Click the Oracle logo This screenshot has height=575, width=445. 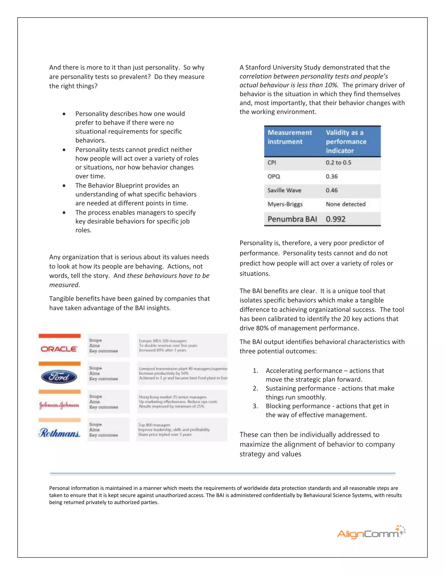pyautogui.click(x=59, y=349)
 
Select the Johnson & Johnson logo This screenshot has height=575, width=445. pyautogui.click(x=59, y=405)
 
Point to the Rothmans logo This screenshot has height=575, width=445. pyautogui.click(x=59, y=433)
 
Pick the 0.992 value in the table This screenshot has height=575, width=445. pyautogui.click(x=335, y=219)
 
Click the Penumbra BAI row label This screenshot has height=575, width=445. pyautogui.click(x=292, y=219)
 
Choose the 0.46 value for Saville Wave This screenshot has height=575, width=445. pyautogui.click(x=332, y=190)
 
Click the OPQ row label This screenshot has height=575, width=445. pyautogui.click(x=274, y=176)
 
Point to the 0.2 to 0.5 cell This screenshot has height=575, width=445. pyautogui.click(x=338, y=163)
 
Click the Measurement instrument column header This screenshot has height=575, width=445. pyautogui.click(x=289, y=137)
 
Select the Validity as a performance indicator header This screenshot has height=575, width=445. pyautogui.click(x=346, y=141)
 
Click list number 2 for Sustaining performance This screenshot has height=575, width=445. pyautogui.click(x=255, y=388)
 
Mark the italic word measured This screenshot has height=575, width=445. pyautogui.click(x=64, y=285)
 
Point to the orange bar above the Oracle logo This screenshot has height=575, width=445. pyautogui.click(x=60, y=336)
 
